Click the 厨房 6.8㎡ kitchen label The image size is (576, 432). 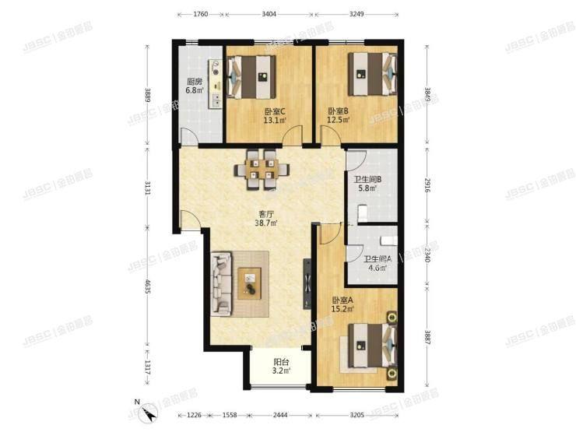click(x=194, y=86)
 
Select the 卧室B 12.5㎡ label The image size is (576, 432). click(x=338, y=115)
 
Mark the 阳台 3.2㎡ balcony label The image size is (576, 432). click(x=281, y=367)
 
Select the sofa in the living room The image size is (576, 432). click(x=220, y=284)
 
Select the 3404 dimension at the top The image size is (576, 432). click(x=269, y=14)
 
